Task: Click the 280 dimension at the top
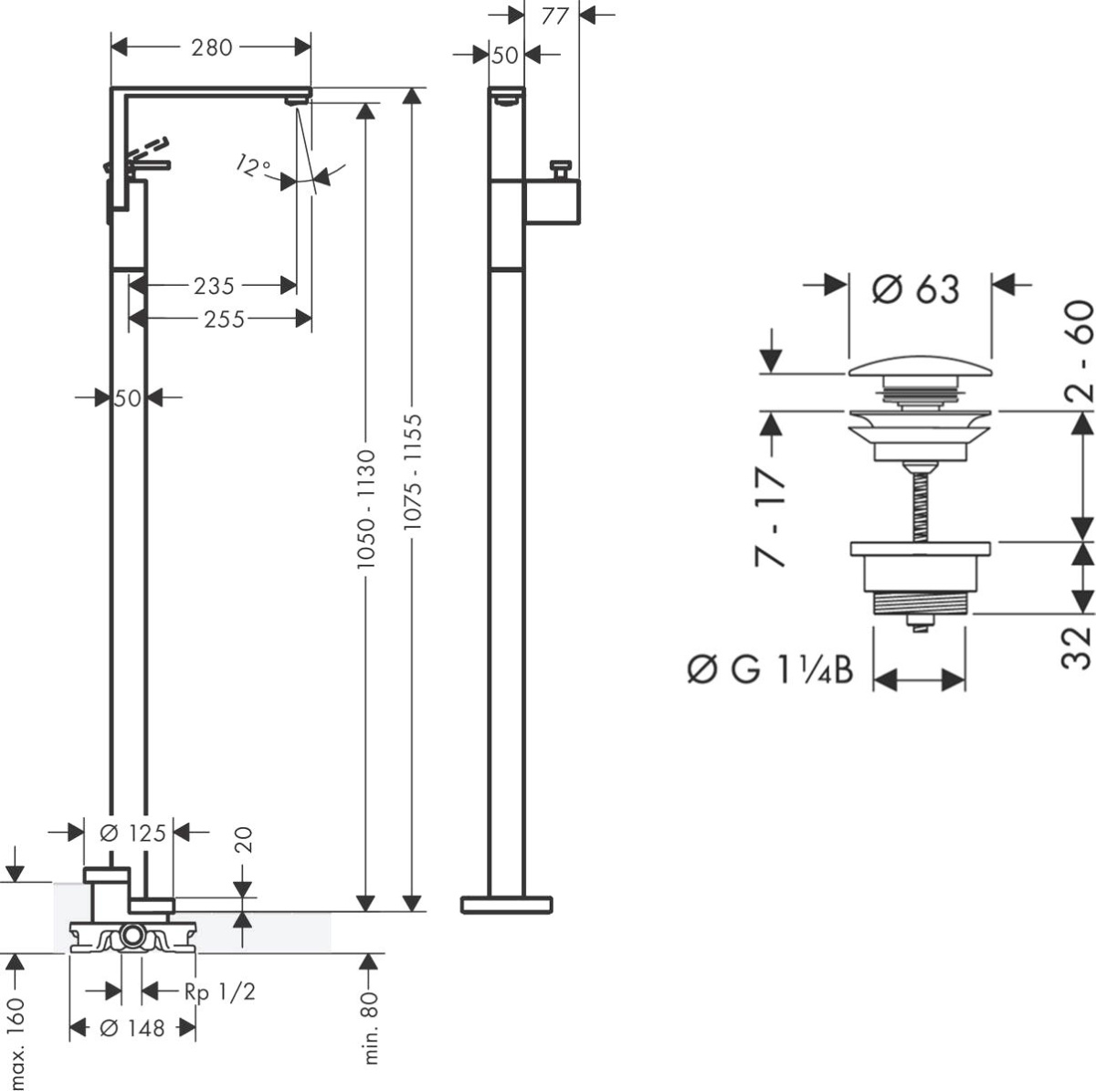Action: (x=212, y=47)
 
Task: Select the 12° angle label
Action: (x=253, y=166)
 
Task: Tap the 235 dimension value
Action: (x=214, y=286)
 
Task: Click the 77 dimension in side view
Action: (x=554, y=16)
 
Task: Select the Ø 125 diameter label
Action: (x=132, y=832)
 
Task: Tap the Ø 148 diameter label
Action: (x=132, y=1028)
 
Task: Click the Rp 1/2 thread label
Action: (x=220, y=991)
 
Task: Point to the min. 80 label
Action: (x=371, y=1030)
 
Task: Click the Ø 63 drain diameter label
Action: (x=915, y=289)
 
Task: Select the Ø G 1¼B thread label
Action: (x=770, y=671)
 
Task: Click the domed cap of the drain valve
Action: (x=920, y=370)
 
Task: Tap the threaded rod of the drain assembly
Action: (x=917, y=502)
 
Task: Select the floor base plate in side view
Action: (x=506, y=904)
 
